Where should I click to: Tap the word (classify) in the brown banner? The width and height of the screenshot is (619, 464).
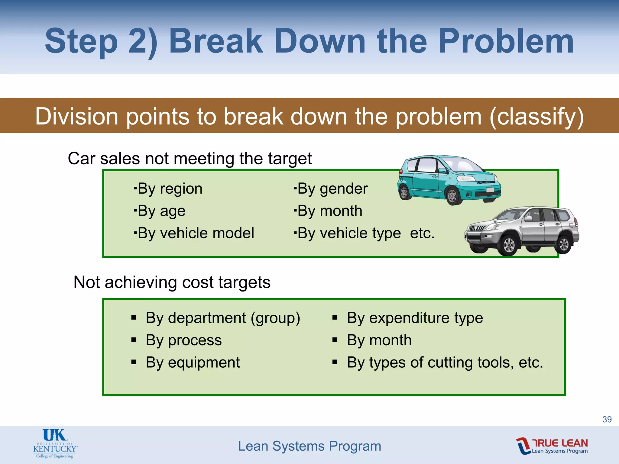pyautogui.click(x=536, y=117)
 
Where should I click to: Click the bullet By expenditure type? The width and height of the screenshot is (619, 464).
pyautogui.click(x=415, y=318)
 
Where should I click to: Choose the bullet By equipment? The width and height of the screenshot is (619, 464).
pyautogui.click(x=193, y=362)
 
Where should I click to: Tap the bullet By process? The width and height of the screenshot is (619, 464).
pyautogui.click(x=183, y=340)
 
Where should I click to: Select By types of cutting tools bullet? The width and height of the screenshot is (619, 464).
pyautogui.click(x=445, y=362)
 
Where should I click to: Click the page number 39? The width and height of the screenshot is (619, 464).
pyautogui.click(x=607, y=419)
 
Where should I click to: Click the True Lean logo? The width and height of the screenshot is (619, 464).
pyautogui.click(x=552, y=446)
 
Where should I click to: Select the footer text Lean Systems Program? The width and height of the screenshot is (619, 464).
pyautogui.click(x=309, y=446)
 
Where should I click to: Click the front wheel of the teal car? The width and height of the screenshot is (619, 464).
pyautogui.click(x=452, y=196)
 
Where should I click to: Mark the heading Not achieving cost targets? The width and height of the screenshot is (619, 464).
pyautogui.click(x=172, y=282)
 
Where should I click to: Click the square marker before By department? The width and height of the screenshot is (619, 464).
pyautogui.click(x=134, y=318)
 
